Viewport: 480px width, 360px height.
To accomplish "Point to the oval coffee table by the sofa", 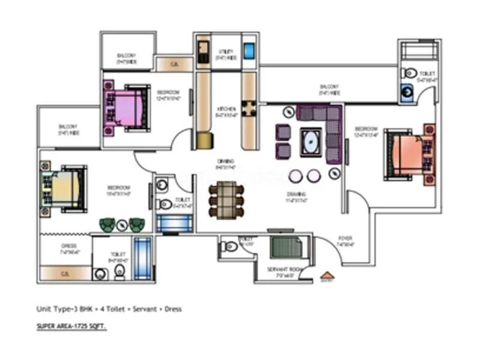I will coord(311,143).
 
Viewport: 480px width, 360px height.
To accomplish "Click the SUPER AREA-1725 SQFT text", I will coord(72,328).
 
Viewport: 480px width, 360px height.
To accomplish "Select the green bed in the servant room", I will coord(287,248).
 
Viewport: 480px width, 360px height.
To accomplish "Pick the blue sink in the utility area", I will coord(249,50).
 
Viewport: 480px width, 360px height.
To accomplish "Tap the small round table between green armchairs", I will coord(122,225).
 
